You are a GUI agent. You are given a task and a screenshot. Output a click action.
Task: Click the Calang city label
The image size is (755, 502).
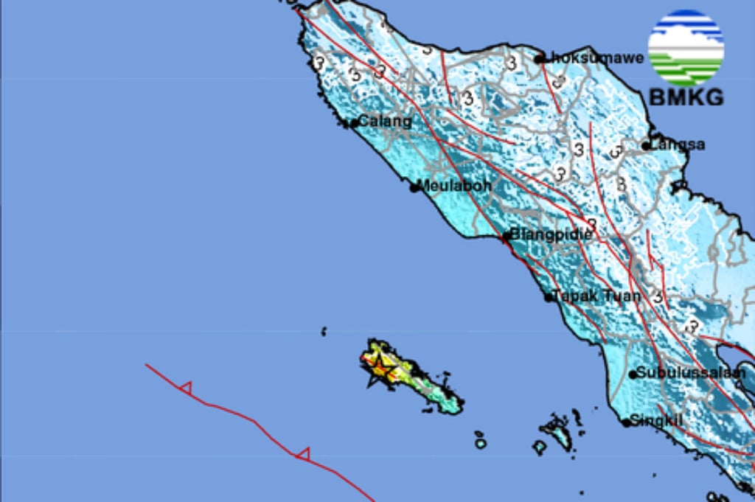point(385,122)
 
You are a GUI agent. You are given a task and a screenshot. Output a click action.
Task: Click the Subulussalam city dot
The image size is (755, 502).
point(633,374)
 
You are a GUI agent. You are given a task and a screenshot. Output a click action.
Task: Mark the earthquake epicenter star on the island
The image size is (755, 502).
point(380,365)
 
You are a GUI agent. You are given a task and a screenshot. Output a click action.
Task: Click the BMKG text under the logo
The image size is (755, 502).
point(686,97)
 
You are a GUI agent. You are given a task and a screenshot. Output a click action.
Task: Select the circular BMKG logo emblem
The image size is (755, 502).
point(686,47)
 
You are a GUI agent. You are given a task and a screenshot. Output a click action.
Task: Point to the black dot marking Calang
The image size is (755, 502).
point(353,123)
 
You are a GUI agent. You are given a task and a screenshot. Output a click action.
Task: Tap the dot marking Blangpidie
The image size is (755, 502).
point(506,237)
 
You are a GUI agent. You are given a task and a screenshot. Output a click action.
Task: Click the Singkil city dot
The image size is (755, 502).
point(625,423)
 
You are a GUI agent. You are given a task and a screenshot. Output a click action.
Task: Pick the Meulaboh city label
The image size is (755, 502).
point(455,186)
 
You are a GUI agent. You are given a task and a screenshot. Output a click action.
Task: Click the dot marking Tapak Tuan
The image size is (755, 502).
point(549,298)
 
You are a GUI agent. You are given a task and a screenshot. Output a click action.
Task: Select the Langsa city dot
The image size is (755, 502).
point(646,146)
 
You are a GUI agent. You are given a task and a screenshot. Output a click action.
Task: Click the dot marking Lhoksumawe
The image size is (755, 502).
point(540,59)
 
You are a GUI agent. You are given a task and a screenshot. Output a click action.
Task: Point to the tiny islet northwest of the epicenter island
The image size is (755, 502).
point(324,332)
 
